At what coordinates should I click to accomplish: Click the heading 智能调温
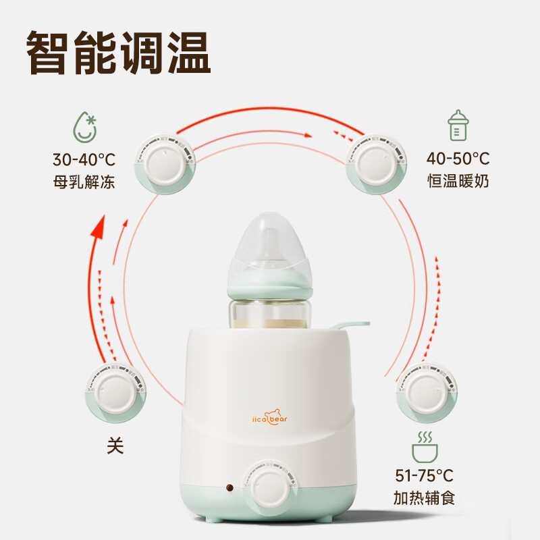point(119,51)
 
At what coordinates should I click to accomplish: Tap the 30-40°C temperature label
point(84,160)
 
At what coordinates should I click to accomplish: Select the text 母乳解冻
point(84,182)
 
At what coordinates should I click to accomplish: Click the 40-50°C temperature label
point(458,159)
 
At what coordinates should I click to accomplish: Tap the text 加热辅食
point(425,499)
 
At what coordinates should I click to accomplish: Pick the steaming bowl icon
point(425,445)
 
